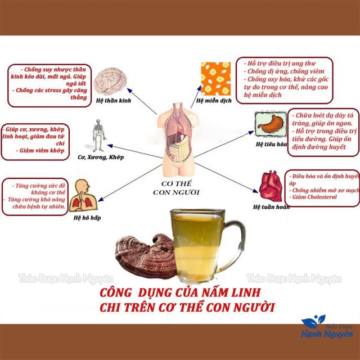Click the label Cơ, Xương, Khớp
pyautogui.click(x=100, y=157)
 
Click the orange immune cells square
pyautogui.click(x=215, y=79)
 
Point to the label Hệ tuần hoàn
pyautogui.click(x=272, y=208)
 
